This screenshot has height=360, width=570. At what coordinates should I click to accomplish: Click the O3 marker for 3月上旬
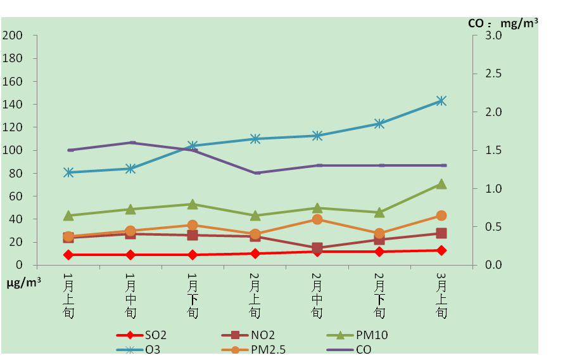pos(441,101)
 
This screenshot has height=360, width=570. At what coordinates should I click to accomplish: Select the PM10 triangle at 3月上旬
pos(441,184)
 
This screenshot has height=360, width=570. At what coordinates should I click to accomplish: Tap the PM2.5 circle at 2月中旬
pos(317,219)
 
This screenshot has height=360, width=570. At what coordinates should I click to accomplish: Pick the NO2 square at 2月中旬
pos(317,248)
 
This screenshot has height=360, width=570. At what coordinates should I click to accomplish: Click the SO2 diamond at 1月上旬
pos(68,255)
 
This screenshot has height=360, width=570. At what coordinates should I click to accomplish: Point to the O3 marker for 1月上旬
pos(68,172)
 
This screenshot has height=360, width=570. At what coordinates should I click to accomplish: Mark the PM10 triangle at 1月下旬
pos(193,204)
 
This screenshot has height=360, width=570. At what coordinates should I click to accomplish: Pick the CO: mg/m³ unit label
pos(503,23)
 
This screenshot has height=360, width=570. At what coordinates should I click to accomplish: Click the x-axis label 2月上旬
pos(255,295)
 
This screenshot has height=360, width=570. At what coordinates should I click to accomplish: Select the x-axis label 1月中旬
pos(130,295)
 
